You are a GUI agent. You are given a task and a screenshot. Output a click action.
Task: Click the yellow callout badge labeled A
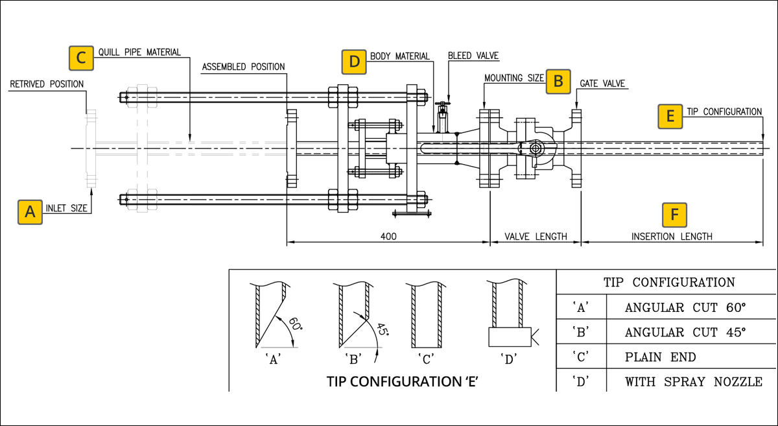point(30,212)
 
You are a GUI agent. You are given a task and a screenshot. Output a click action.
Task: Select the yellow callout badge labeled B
point(558,82)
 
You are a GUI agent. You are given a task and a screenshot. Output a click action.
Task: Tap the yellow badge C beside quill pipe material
point(81,58)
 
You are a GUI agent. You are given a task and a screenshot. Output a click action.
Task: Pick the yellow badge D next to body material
point(354,62)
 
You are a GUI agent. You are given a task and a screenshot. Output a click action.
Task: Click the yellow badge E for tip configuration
point(670,117)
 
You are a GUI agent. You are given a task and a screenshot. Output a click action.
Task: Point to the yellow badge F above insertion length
point(674,215)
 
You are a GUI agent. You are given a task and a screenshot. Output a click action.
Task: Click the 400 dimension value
point(388,237)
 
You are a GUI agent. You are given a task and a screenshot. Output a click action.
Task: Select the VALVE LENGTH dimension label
point(536,237)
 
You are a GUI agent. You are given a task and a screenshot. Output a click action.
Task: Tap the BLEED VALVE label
point(473,56)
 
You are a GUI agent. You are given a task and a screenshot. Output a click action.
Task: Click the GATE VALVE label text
point(602,84)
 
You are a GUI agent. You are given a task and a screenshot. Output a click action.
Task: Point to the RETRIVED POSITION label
point(47,84)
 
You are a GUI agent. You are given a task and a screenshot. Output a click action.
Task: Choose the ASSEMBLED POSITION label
point(243,67)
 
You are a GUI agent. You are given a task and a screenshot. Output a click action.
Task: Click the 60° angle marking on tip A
point(296,324)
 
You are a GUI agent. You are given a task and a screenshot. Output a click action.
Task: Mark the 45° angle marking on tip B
point(383,329)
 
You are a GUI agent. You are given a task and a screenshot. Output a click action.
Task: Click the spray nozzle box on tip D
point(510,337)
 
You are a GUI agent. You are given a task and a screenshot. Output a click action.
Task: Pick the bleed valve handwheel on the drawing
point(442,104)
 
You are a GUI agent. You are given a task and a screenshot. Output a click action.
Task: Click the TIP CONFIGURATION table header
point(669,282)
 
